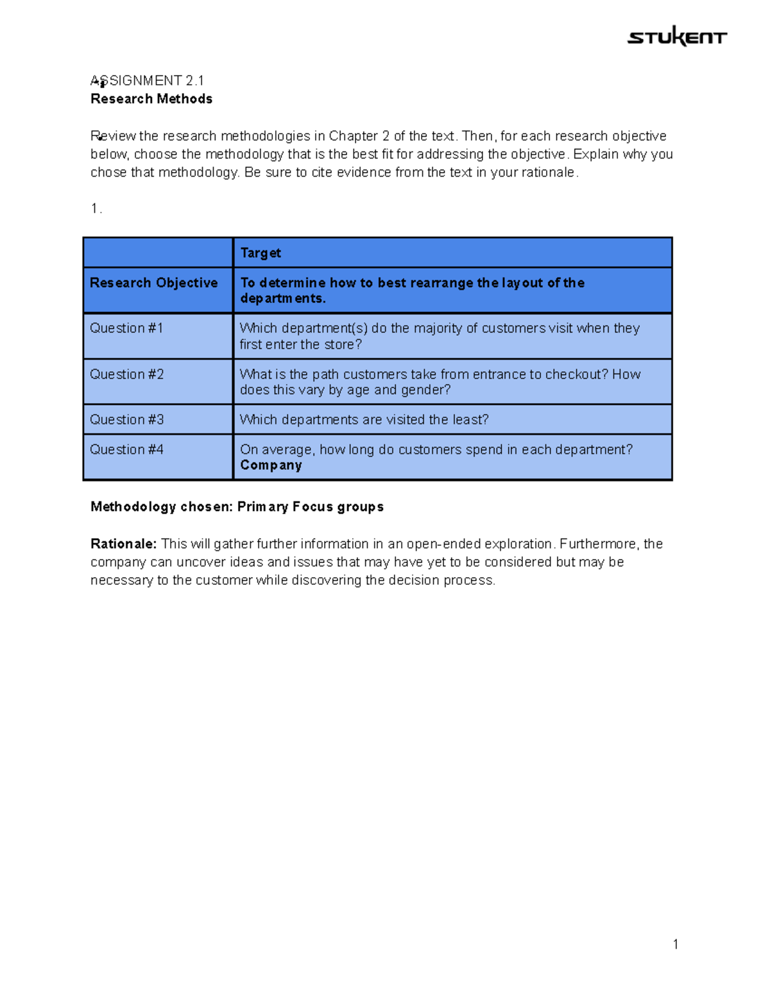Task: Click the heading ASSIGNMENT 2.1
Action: pyautogui.click(x=148, y=81)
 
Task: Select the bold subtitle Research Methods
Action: pyautogui.click(x=151, y=99)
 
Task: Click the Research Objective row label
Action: pyautogui.click(x=154, y=283)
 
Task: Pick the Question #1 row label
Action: pyautogui.click(x=126, y=328)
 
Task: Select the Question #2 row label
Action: pyautogui.click(x=127, y=374)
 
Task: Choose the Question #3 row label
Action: pyautogui.click(x=127, y=420)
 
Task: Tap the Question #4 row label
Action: pyautogui.click(x=127, y=449)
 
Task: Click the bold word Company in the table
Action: pyautogui.click(x=271, y=465)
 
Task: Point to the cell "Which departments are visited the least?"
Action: pyautogui.click(x=364, y=420)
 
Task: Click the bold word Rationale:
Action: pyautogui.click(x=123, y=544)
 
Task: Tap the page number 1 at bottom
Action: pyautogui.click(x=676, y=944)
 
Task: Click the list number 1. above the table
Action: pyautogui.click(x=96, y=209)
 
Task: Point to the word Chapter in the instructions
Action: pyautogui.click(x=353, y=136)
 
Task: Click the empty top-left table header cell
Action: pyautogui.click(x=158, y=252)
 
